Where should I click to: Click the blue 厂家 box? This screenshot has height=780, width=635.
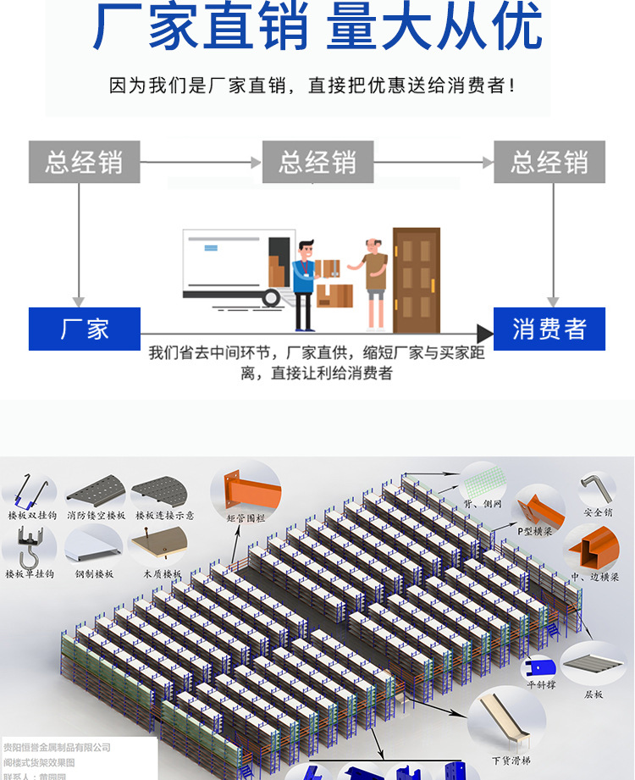[84, 329]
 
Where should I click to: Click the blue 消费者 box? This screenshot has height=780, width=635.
[549, 329]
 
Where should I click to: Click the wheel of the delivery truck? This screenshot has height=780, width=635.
[272, 297]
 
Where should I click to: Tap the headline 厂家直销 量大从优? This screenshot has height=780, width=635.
[317, 27]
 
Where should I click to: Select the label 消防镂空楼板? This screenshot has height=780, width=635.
[96, 514]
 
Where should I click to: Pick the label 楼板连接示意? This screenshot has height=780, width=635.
[164, 514]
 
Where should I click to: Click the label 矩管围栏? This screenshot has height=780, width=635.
[246, 517]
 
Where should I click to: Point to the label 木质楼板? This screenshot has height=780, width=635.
[161, 573]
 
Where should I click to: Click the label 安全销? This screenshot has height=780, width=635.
[597, 512]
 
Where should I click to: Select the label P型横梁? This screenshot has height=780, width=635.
[535, 531]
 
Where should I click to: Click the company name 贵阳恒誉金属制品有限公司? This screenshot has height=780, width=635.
[58, 747]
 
